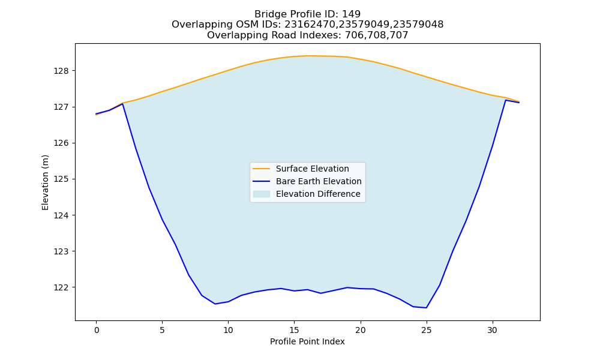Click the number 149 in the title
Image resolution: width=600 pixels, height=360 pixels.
tap(351, 14)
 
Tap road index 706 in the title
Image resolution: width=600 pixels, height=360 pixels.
tap(353, 35)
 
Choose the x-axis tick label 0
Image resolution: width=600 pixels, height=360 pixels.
tap(97, 330)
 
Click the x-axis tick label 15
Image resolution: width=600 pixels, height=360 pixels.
tap(294, 330)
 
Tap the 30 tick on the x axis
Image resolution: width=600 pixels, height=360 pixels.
tap(493, 330)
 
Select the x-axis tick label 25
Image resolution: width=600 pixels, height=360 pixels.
tap(426, 330)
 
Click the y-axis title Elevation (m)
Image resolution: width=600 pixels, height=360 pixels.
tap(46, 182)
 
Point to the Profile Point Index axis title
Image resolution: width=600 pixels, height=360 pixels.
tap(307, 341)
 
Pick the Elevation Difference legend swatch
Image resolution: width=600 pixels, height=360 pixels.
tap(262, 194)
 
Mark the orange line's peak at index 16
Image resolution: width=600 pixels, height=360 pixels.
tap(308, 56)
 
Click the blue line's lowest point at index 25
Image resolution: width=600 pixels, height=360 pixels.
tap(426, 308)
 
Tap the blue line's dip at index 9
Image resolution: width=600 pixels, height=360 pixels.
tap(215, 304)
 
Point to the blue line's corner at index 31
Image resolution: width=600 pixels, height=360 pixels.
tap(505, 100)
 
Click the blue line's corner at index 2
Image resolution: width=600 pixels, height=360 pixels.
tap(123, 104)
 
